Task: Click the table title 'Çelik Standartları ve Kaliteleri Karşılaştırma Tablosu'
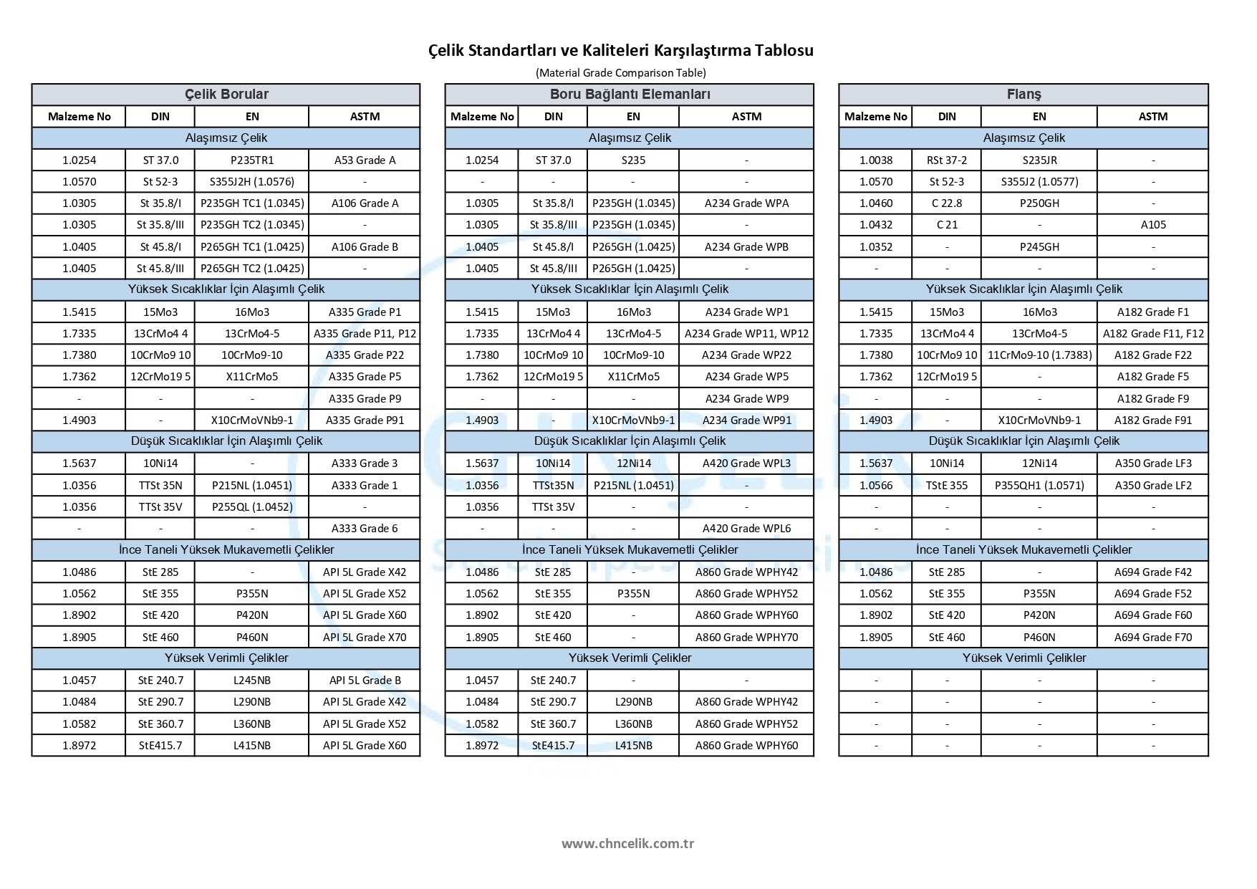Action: click(620, 50)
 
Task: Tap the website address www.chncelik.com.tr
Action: click(627, 843)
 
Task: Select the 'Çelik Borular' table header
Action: click(226, 95)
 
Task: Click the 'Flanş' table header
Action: click(1024, 95)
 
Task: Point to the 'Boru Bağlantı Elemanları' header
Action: click(630, 95)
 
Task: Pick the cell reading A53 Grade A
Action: click(365, 160)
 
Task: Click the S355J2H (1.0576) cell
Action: click(252, 182)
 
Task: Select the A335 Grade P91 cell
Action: click(365, 421)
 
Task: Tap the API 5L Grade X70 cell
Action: click(365, 637)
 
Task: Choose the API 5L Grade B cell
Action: click(365, 681)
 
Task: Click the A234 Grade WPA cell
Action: click(746, 203)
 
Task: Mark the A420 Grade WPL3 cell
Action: click(746, 463)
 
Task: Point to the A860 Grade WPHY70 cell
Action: click(746, 637)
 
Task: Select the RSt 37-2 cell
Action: click(947, 160)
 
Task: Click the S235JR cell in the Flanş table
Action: click(1039, 160)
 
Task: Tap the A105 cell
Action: click(1153, 225)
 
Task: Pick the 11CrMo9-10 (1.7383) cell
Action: click(1039, 355)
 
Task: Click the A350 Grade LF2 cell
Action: click(1153, 486)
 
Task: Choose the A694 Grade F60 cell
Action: click(1153, 615)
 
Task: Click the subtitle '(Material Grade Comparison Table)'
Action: click(620, 72)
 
